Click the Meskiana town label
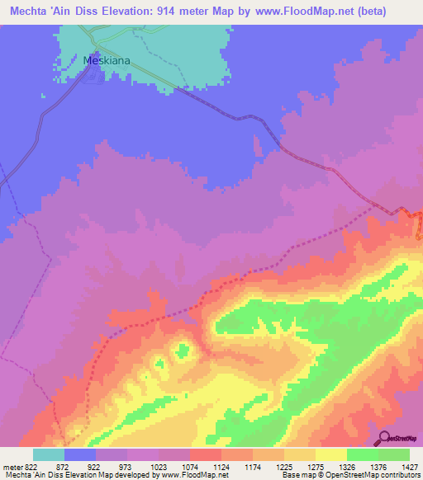[107, 59]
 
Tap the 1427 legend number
[411, 465]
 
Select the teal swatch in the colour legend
[49, 454]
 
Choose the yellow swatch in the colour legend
[331, 454]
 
